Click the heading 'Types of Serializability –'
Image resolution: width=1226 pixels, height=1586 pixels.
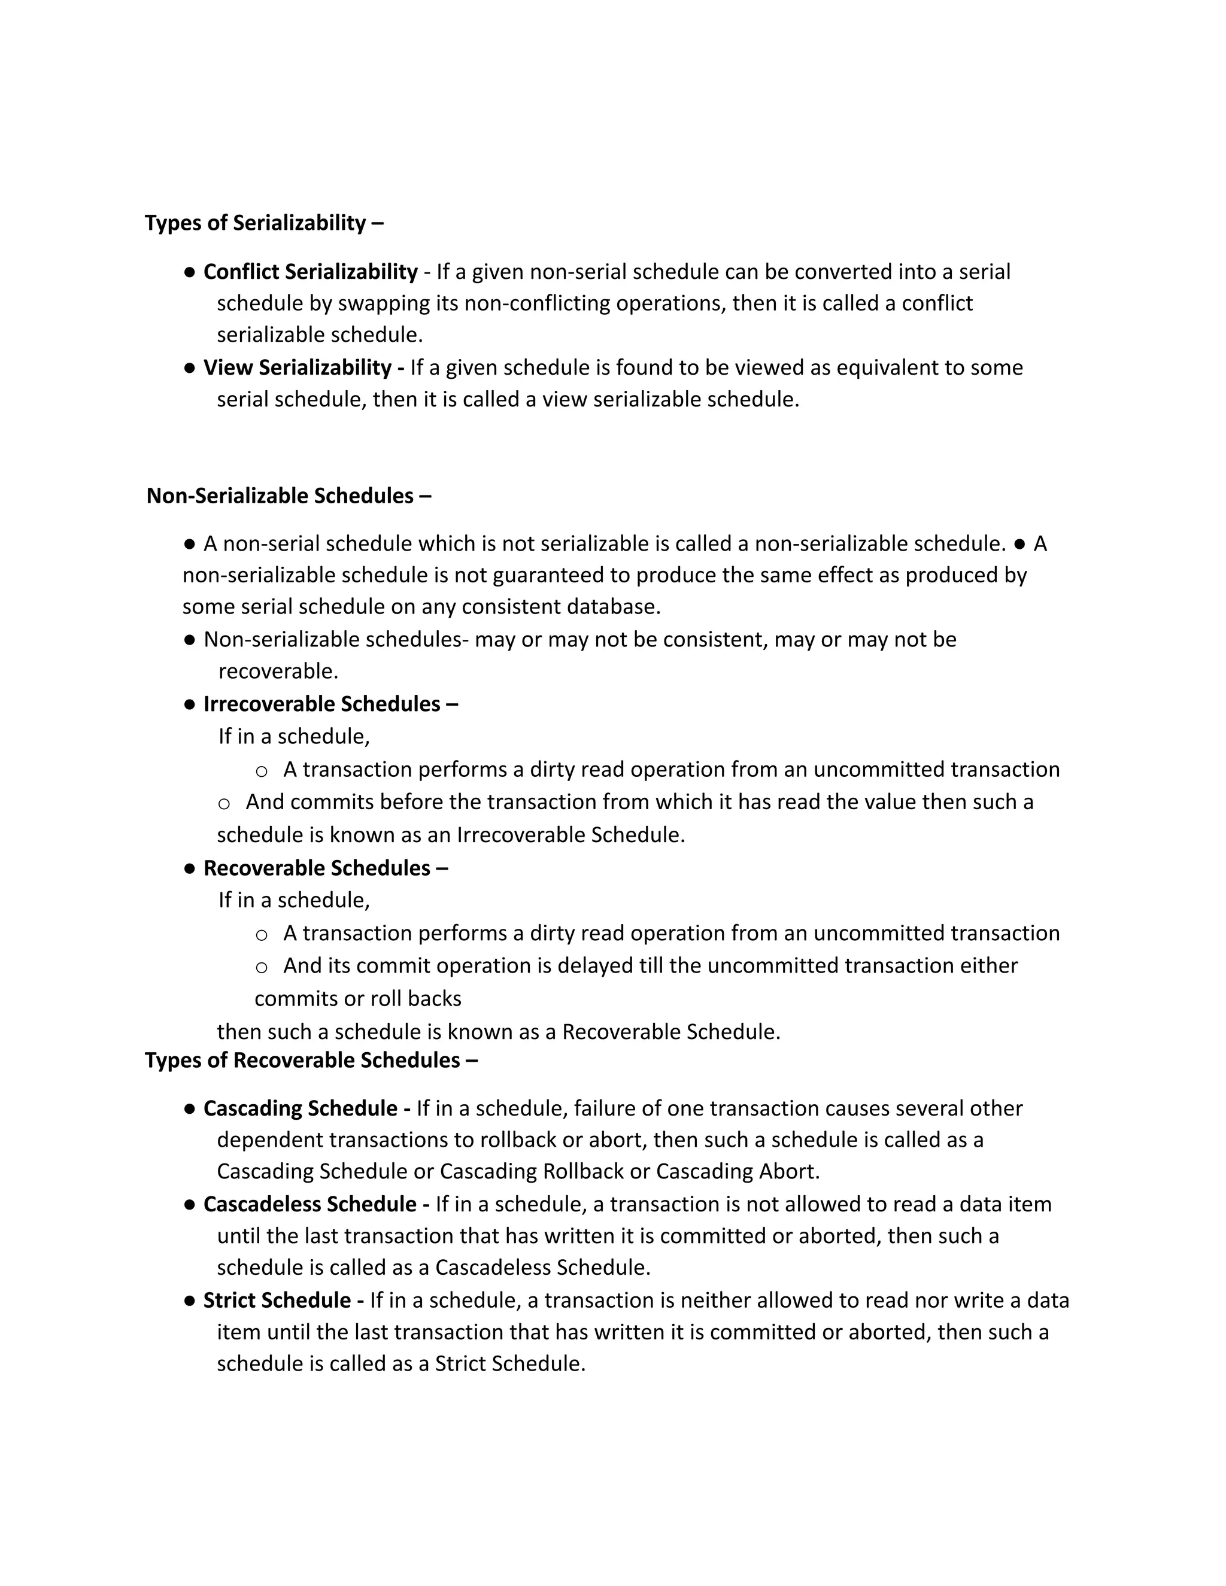pos(263,223)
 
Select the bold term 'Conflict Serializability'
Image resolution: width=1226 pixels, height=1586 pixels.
pos(310,272)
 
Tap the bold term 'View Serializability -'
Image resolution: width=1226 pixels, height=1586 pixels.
pos(304,367)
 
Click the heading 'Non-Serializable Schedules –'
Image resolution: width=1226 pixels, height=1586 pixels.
pos(289,496)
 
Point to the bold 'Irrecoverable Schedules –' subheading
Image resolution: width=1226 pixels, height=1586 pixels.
pos(330,704)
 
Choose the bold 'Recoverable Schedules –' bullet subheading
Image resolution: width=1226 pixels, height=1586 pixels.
pos(326,868)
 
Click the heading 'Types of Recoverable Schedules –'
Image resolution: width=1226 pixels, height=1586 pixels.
pos(311,1061)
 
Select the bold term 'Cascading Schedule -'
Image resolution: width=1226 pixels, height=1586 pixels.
pos(306,1108)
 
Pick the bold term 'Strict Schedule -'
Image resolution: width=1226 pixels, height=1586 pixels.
pos(283,1300)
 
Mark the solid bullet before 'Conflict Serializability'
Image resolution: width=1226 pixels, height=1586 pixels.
pos(190,272)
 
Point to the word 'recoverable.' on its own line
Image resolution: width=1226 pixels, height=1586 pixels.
pos(278,672)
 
